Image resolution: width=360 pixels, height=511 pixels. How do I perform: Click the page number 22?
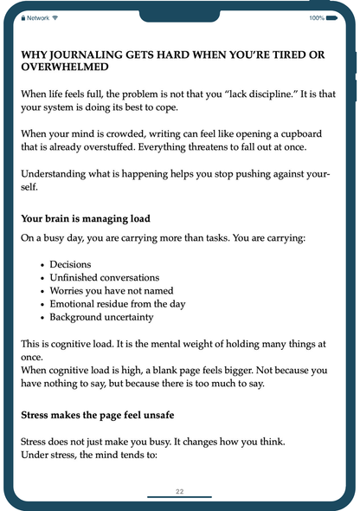[179, 491]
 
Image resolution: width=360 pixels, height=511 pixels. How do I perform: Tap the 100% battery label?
[318, 17]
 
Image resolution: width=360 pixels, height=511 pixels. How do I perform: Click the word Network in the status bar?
[38, 17]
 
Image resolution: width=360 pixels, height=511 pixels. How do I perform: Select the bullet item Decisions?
[71, 264]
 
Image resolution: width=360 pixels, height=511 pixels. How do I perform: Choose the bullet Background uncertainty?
[102, 316]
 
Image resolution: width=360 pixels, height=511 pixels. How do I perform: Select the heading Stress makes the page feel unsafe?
[106, 415]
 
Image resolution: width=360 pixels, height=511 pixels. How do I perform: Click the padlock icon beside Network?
[23, 17]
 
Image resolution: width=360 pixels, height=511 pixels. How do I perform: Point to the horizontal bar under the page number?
[179, 498]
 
